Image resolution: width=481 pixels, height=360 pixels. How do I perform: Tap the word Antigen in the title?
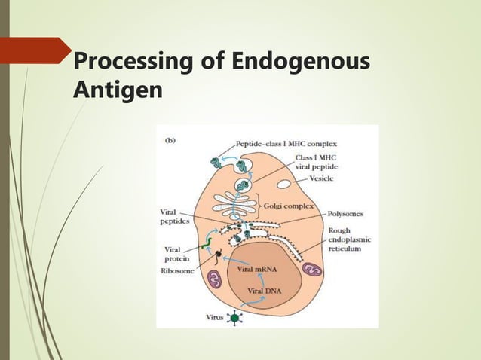pyautogui.click(x=117, y=90)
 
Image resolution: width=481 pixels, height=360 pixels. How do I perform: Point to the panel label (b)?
pyautogui.click(x=171, y=139)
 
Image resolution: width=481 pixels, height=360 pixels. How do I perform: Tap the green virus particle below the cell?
pyautogui.click(x=234, y=318)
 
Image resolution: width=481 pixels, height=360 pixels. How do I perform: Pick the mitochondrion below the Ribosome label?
pyautogui.click(x=215, y=281)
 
